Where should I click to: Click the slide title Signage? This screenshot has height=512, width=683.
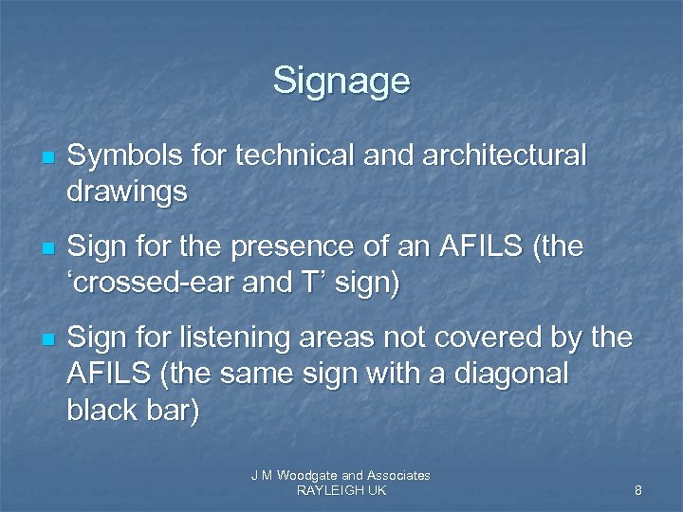click(341, 81)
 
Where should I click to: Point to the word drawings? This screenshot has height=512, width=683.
click(127, 192)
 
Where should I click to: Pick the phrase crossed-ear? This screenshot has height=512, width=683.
click(140, 284)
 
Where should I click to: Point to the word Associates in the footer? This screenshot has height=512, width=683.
click(398, 475)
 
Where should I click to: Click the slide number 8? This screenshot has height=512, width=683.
click(638, 490)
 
